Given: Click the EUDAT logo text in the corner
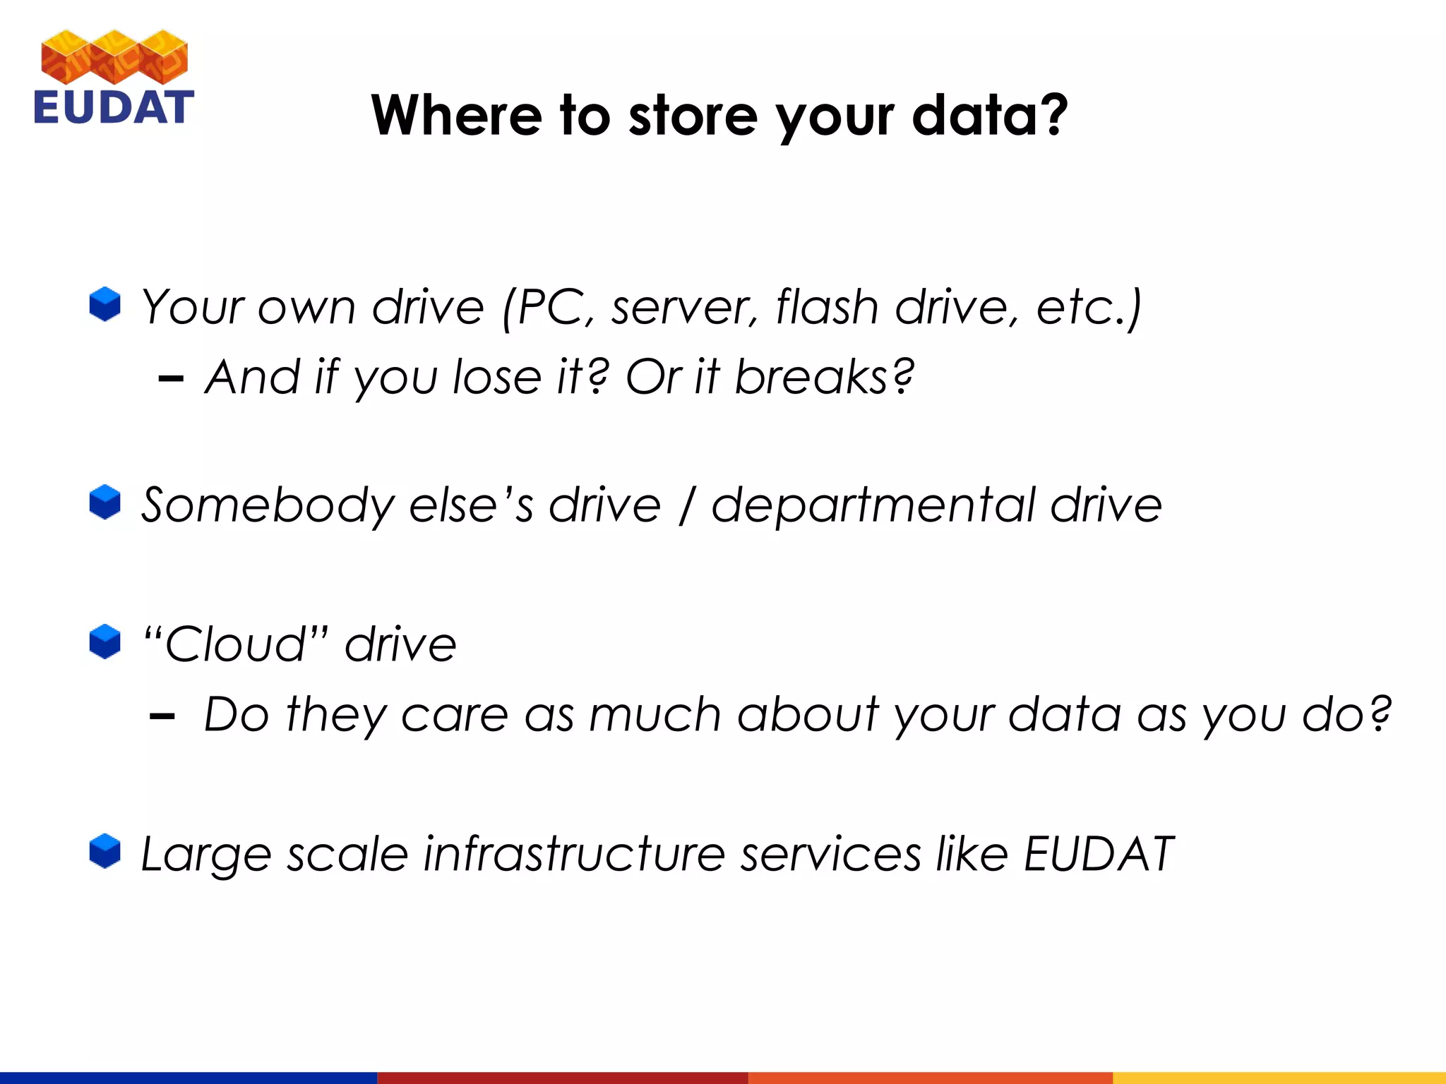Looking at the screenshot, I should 113,108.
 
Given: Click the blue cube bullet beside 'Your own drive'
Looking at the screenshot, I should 105,304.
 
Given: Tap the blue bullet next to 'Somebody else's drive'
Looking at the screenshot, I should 105,502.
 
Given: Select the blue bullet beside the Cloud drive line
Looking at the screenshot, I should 105,642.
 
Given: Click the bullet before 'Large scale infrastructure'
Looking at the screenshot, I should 105,851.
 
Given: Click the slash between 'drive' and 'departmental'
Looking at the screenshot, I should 686,506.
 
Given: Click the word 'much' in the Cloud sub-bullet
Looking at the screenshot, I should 654,714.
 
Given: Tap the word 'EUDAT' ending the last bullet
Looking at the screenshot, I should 1098,854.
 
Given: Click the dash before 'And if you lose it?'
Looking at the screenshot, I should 171,380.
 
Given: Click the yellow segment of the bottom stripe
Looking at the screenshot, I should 1279,1078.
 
